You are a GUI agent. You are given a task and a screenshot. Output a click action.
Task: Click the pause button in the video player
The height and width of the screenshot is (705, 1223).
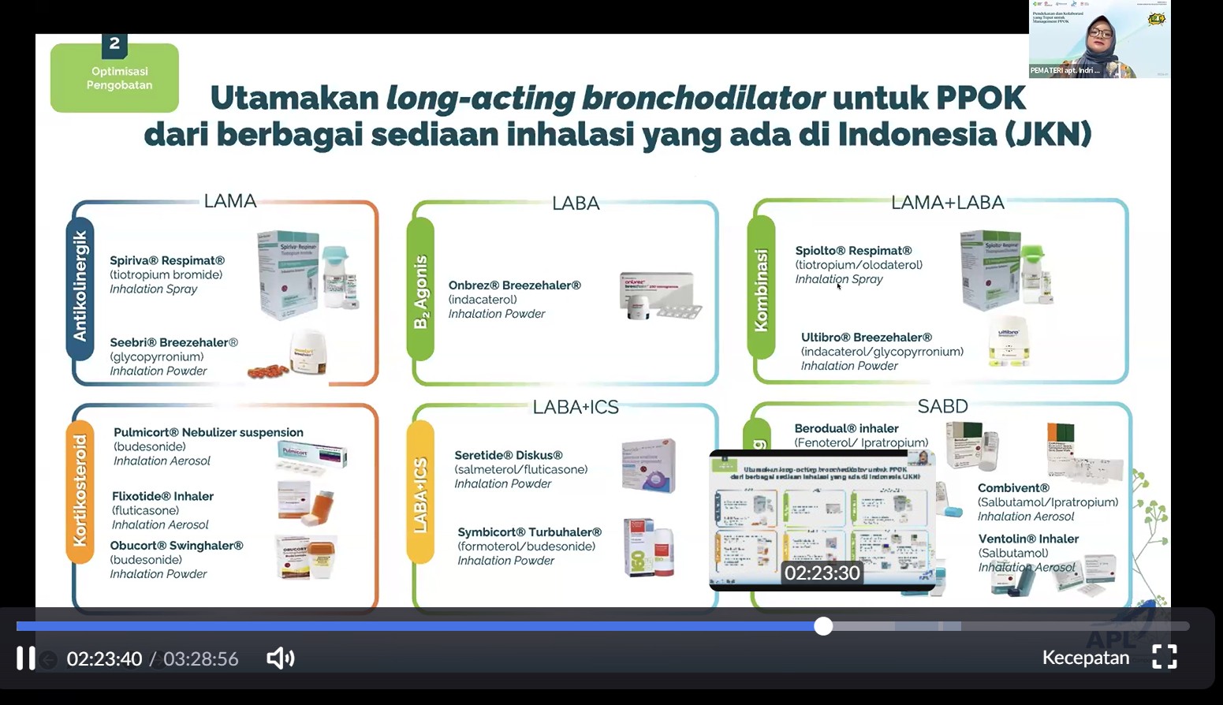point(26,658)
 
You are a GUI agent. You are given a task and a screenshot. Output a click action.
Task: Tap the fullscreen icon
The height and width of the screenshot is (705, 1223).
point(1165,657)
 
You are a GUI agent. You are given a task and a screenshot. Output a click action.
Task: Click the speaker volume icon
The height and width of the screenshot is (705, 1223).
point(280,658)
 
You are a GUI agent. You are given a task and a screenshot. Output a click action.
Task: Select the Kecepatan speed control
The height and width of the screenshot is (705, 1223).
point(1085,658)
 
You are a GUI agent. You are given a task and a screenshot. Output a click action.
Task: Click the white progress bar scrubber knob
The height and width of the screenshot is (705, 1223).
point(823,626)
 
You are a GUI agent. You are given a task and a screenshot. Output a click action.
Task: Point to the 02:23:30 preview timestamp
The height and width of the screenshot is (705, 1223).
point(822,573)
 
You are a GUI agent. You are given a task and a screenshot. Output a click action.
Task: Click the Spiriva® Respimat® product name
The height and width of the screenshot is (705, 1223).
point(167,260)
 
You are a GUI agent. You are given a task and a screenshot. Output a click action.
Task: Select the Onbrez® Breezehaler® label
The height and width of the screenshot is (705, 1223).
point(514,285)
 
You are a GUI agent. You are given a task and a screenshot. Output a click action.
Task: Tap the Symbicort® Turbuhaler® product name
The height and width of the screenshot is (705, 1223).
point(529,532)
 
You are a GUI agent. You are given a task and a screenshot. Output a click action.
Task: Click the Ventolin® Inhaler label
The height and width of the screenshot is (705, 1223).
point(1028,539)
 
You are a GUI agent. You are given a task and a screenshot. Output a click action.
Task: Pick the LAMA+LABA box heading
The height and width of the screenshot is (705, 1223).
point(947,203)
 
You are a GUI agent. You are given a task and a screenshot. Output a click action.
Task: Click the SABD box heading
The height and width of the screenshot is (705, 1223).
point(942,406)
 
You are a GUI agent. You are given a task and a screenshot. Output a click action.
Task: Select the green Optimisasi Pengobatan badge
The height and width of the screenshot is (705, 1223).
point(115,78)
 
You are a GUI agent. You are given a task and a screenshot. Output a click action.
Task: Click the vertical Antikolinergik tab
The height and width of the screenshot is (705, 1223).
point(80,288)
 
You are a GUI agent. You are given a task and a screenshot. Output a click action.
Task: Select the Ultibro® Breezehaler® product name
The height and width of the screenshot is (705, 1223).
point(866,338)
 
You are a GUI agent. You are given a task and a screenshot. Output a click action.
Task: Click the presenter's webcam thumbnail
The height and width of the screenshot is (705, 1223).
point(1099,39)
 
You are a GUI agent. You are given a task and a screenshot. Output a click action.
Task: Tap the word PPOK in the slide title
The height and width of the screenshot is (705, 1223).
point(980,99)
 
